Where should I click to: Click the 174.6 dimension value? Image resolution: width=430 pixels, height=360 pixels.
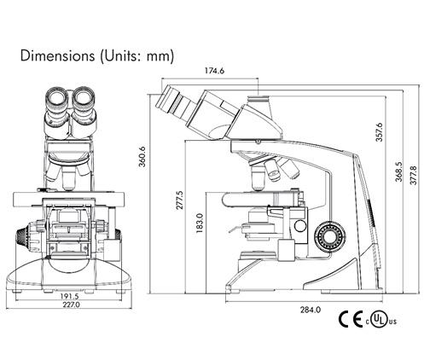click(214, 71)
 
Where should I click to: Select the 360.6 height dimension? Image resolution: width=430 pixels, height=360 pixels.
click(142, 156)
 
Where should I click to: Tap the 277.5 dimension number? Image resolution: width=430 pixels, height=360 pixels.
click(180, 200)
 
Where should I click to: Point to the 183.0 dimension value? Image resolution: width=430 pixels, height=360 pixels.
click(200, 224)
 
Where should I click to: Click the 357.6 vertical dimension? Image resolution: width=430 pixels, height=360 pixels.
click(380, 132)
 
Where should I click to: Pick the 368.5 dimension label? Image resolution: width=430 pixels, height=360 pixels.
click(399, 171)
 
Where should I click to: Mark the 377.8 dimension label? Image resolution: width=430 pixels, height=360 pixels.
click(414, 176)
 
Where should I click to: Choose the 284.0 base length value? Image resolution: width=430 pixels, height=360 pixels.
click(311, 310)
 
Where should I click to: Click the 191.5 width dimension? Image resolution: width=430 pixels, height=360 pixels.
click(69, 296)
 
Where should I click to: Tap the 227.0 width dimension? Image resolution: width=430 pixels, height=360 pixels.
click(72, 305)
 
